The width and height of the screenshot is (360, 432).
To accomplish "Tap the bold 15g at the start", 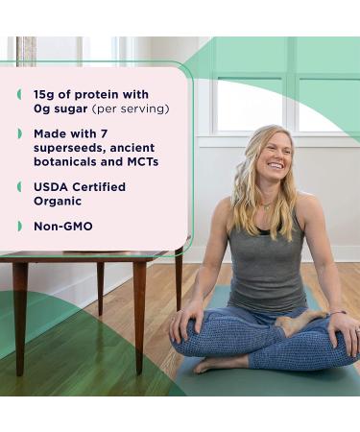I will pos(44,93).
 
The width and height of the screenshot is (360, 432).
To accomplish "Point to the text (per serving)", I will pos(134,108).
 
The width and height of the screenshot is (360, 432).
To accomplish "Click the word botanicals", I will pos(69,161).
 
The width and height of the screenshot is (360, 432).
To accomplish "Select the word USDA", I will pos(50,186).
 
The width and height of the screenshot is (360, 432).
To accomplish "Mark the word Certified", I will pos(101,186).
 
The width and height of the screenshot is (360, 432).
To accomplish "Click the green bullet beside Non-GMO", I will pos(19,226).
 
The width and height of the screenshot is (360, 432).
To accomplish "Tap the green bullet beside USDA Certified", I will pos(19,186).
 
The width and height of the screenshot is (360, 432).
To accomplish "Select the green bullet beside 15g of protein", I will pos(19,93).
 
